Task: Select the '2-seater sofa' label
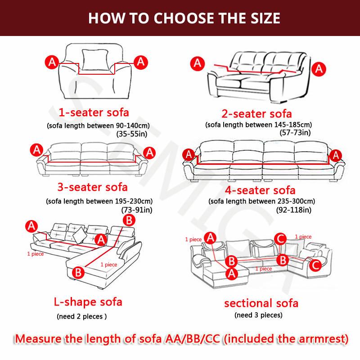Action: tap(257, 113)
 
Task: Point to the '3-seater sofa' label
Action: tap(92, 186)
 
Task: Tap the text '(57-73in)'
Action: tap(295, 132)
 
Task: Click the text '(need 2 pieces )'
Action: tap(81, 316)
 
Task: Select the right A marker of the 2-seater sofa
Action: tap(319, 68)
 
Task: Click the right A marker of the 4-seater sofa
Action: tap(334, 155)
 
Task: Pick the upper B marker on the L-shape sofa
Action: tap(128, 220)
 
